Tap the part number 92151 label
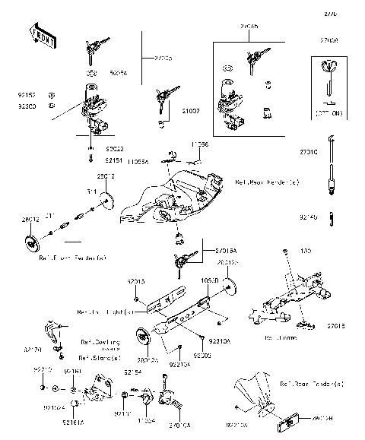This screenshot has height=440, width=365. coord(115,161)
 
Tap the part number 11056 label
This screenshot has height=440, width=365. coord(199,144)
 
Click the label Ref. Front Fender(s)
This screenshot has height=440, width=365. coord(72,258)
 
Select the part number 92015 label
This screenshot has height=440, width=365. coord(136,282)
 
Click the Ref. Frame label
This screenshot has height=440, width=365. coord(279,337)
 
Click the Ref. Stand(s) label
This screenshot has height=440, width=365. coord(100,357)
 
